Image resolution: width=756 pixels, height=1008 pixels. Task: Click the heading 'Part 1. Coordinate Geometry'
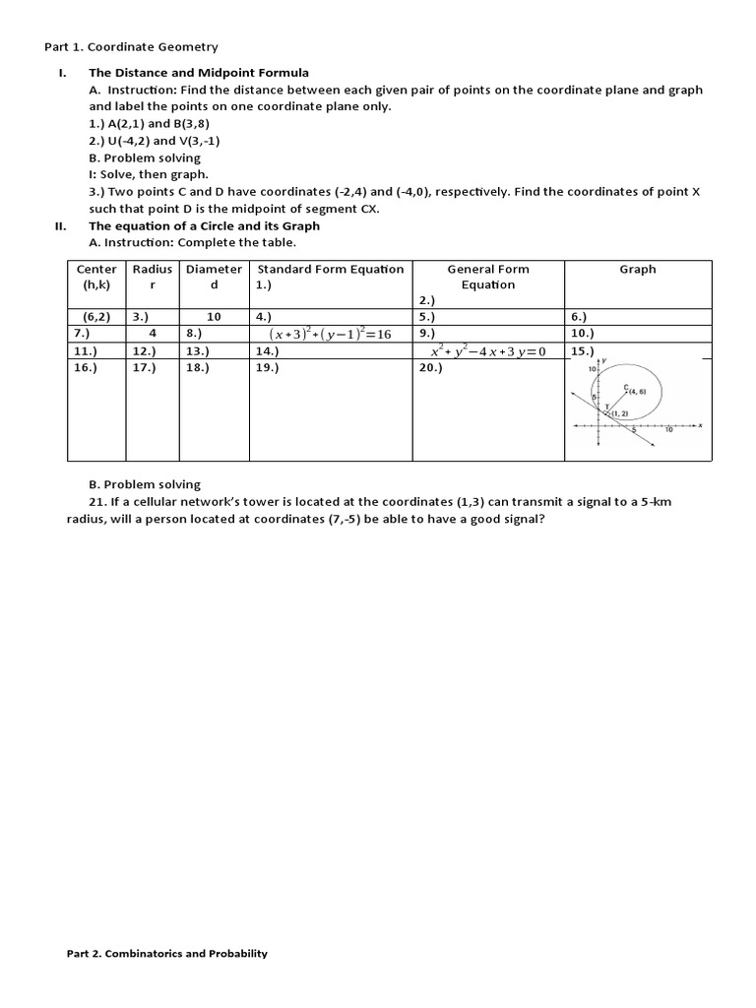(132, 46)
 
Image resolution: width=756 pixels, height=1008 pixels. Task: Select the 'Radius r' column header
(152, 277)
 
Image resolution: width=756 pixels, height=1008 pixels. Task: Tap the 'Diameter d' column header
(214, 277)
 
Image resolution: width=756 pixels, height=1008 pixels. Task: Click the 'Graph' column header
(637, 269)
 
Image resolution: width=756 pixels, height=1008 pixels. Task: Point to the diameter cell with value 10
(214, 317)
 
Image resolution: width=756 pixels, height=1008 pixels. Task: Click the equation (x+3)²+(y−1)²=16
(330, 334)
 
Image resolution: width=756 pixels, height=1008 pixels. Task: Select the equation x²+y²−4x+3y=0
(487, 350)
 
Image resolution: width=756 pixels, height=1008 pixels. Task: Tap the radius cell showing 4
(153, 334)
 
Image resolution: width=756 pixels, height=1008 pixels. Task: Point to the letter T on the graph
(606, 407)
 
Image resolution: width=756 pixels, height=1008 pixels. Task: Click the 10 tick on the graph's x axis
(668, 431)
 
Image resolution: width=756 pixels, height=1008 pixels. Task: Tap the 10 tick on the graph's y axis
(593, 369)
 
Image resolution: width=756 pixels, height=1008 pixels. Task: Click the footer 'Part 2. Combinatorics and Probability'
(166, 953)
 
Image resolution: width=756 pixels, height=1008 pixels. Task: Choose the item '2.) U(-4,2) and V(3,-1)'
(155, 141)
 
